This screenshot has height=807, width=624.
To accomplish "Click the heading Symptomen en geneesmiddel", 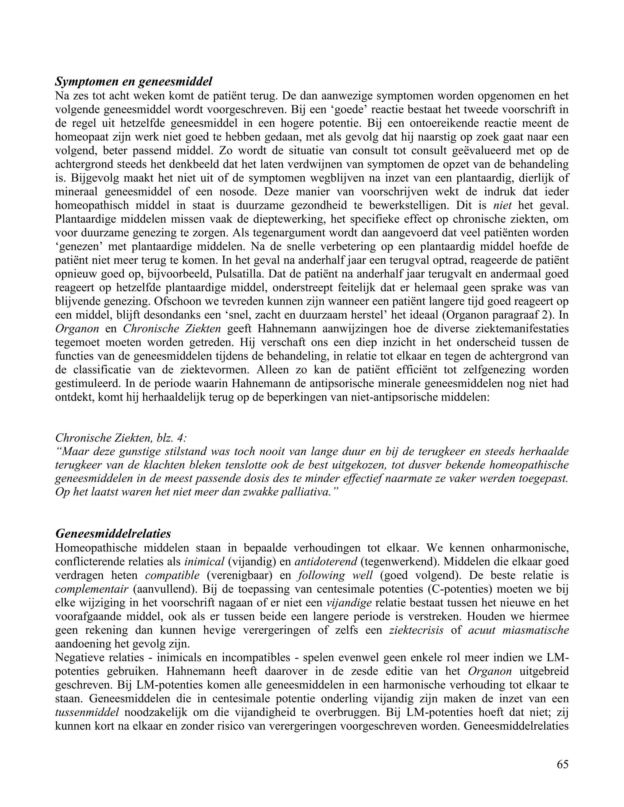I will (x=134, y=81).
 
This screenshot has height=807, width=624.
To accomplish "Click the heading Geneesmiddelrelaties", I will (x=113, y=534).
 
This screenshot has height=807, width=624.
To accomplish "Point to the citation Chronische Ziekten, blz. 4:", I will (x=121, y=438).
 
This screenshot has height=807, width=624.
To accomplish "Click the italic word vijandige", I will (x=349, y=603).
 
